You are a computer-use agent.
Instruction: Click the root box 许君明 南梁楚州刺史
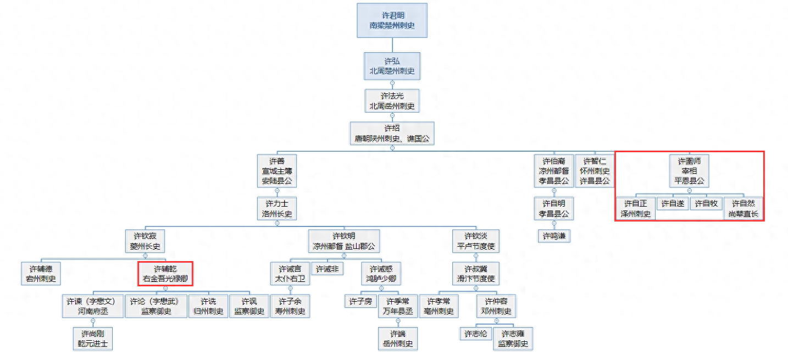(x=392, y=20)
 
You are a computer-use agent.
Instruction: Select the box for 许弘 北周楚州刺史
(x=392, y=66)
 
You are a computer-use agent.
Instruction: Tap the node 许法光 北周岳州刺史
(x=392, y=101)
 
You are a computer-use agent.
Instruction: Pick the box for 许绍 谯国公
(x=392, y=133)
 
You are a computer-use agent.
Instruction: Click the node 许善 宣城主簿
(x=277, y=170)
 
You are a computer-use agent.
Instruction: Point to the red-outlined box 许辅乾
(x=165, y=274)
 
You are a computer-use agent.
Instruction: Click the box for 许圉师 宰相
(x=689, y=170)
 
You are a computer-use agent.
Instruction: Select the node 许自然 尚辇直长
(x=743, y=208)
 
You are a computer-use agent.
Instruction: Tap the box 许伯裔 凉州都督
(x=554, y=170)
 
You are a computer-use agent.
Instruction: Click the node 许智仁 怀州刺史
(x=595, y=170)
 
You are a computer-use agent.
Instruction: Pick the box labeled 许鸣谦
(x=554, y=236)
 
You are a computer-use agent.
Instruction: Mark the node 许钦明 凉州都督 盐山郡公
(x=344, y=241)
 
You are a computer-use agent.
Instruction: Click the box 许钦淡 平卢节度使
(x=475, y=241)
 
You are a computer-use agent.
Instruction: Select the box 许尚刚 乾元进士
(x=93, y=339)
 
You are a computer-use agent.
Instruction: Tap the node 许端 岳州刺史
(x=398, y=339)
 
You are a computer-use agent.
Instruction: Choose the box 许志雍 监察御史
(x=513, y=339)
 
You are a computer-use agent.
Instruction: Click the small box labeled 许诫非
(x=327, y=269)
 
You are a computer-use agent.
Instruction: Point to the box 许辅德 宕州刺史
(x=41, y=274)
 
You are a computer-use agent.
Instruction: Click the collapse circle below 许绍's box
(x=392, y=148)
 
